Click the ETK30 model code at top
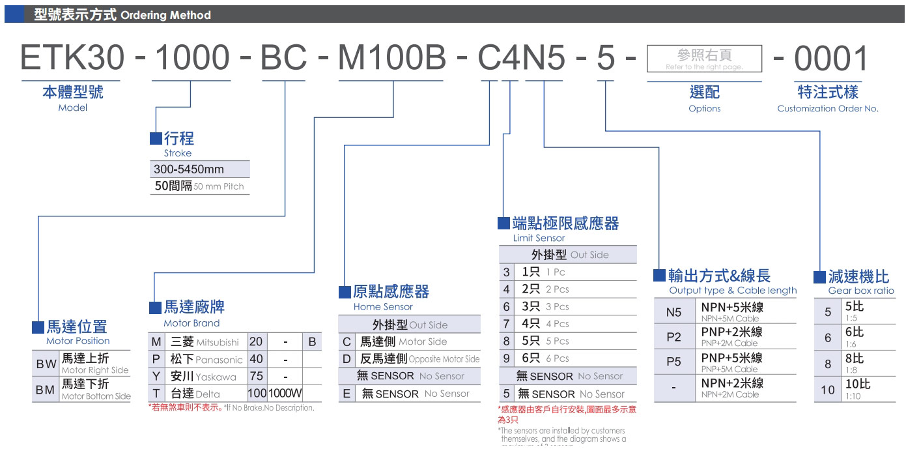point(72,59)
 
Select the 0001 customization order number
point(831,59)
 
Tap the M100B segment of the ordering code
point(392,59)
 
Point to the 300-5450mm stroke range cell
point(189,169)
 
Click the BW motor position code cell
point(46,364)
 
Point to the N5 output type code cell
point(673,312)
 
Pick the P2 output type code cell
point(673,337)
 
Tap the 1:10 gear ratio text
point(852,396)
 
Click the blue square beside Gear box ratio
point(819,276)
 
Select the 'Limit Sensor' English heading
point(539,238)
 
